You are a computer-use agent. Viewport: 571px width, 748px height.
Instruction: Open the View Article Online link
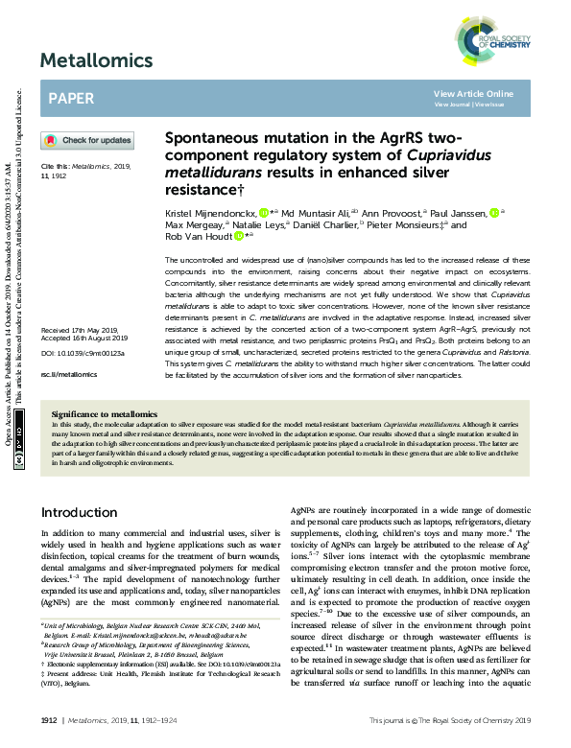[x=473, y=93]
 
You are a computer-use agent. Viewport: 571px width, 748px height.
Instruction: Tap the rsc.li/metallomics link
[x=65, y=376]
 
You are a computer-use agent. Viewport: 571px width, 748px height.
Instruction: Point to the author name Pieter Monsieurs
[x=401, y=223]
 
